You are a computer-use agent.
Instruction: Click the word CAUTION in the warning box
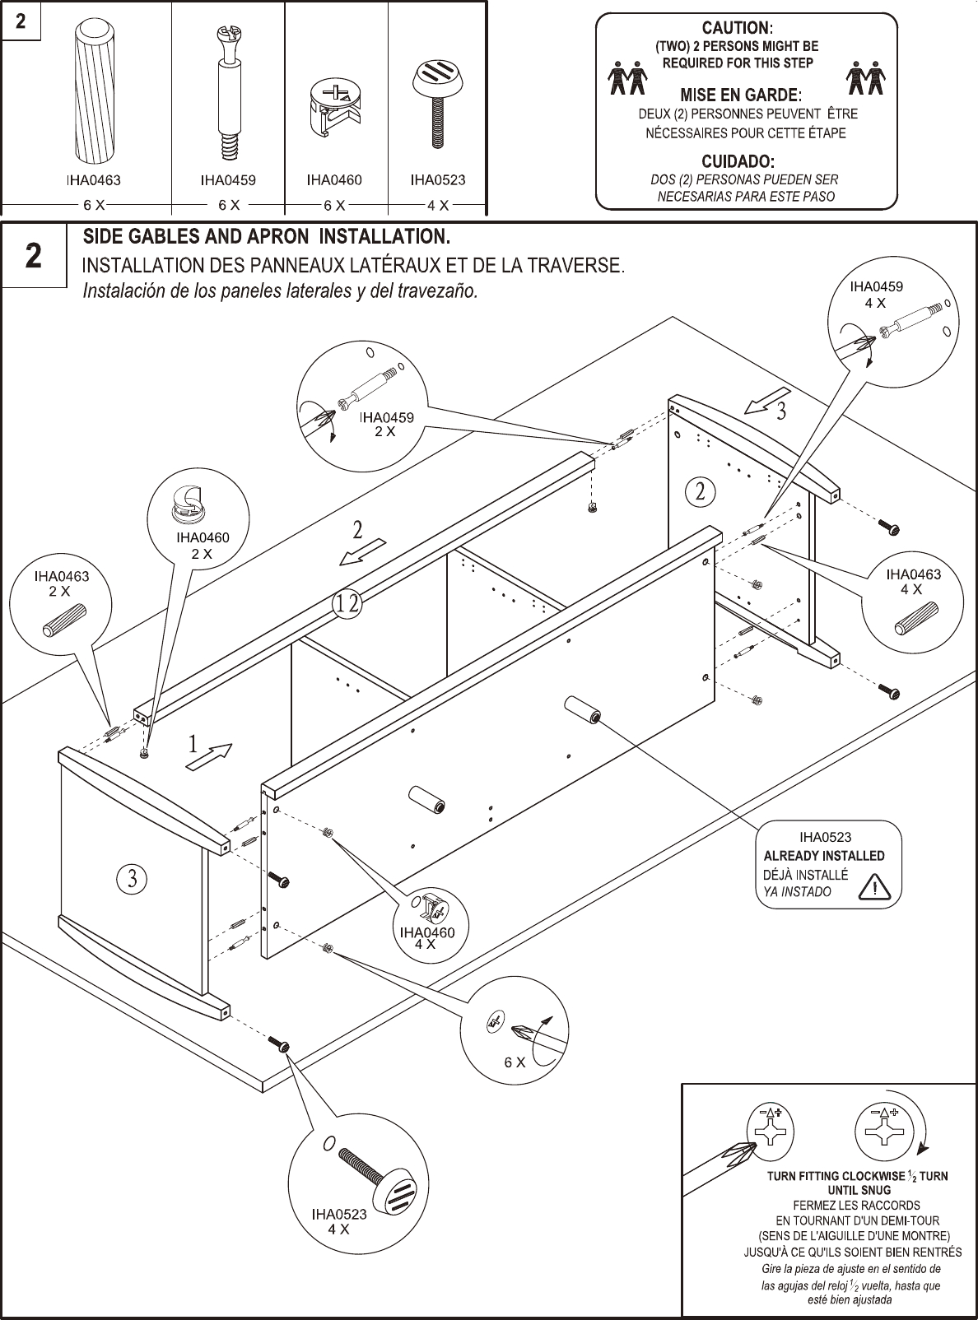tap(736, 29)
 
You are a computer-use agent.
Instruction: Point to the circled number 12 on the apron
tap(347, 604)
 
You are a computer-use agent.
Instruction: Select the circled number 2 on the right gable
tap(700, 491)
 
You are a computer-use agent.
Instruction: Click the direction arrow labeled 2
tap(363, 551)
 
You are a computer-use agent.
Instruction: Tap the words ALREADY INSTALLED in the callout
tap(823, 856)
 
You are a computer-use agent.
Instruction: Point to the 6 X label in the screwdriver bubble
tap(515, 1062)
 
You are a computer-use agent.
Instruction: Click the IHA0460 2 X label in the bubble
tap(202, 546)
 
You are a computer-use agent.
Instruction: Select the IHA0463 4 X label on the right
tap(912, 581)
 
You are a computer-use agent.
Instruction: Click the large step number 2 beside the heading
tap(33, 257)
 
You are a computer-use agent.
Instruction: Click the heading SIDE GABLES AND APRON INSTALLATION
tap(267, 238)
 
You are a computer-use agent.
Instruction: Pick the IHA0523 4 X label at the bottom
tap(338, 1220)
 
